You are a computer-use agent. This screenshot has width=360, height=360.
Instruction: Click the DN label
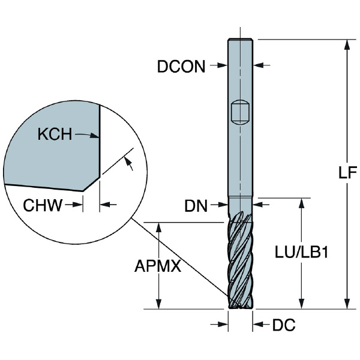click(x=196, y=206)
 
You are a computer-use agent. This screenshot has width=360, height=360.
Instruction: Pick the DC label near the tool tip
click(x=284, y=325)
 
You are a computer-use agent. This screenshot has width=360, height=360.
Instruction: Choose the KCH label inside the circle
click(x=55, y=134)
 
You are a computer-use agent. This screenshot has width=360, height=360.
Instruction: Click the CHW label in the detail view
click(x=43, y=206)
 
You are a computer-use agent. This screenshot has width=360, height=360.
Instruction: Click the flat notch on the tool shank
click(x=239, y=112)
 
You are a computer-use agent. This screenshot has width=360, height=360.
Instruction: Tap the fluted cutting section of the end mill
click(x=241, y=261)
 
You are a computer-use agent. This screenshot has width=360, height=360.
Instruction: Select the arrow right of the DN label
click(x=220, y=206)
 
